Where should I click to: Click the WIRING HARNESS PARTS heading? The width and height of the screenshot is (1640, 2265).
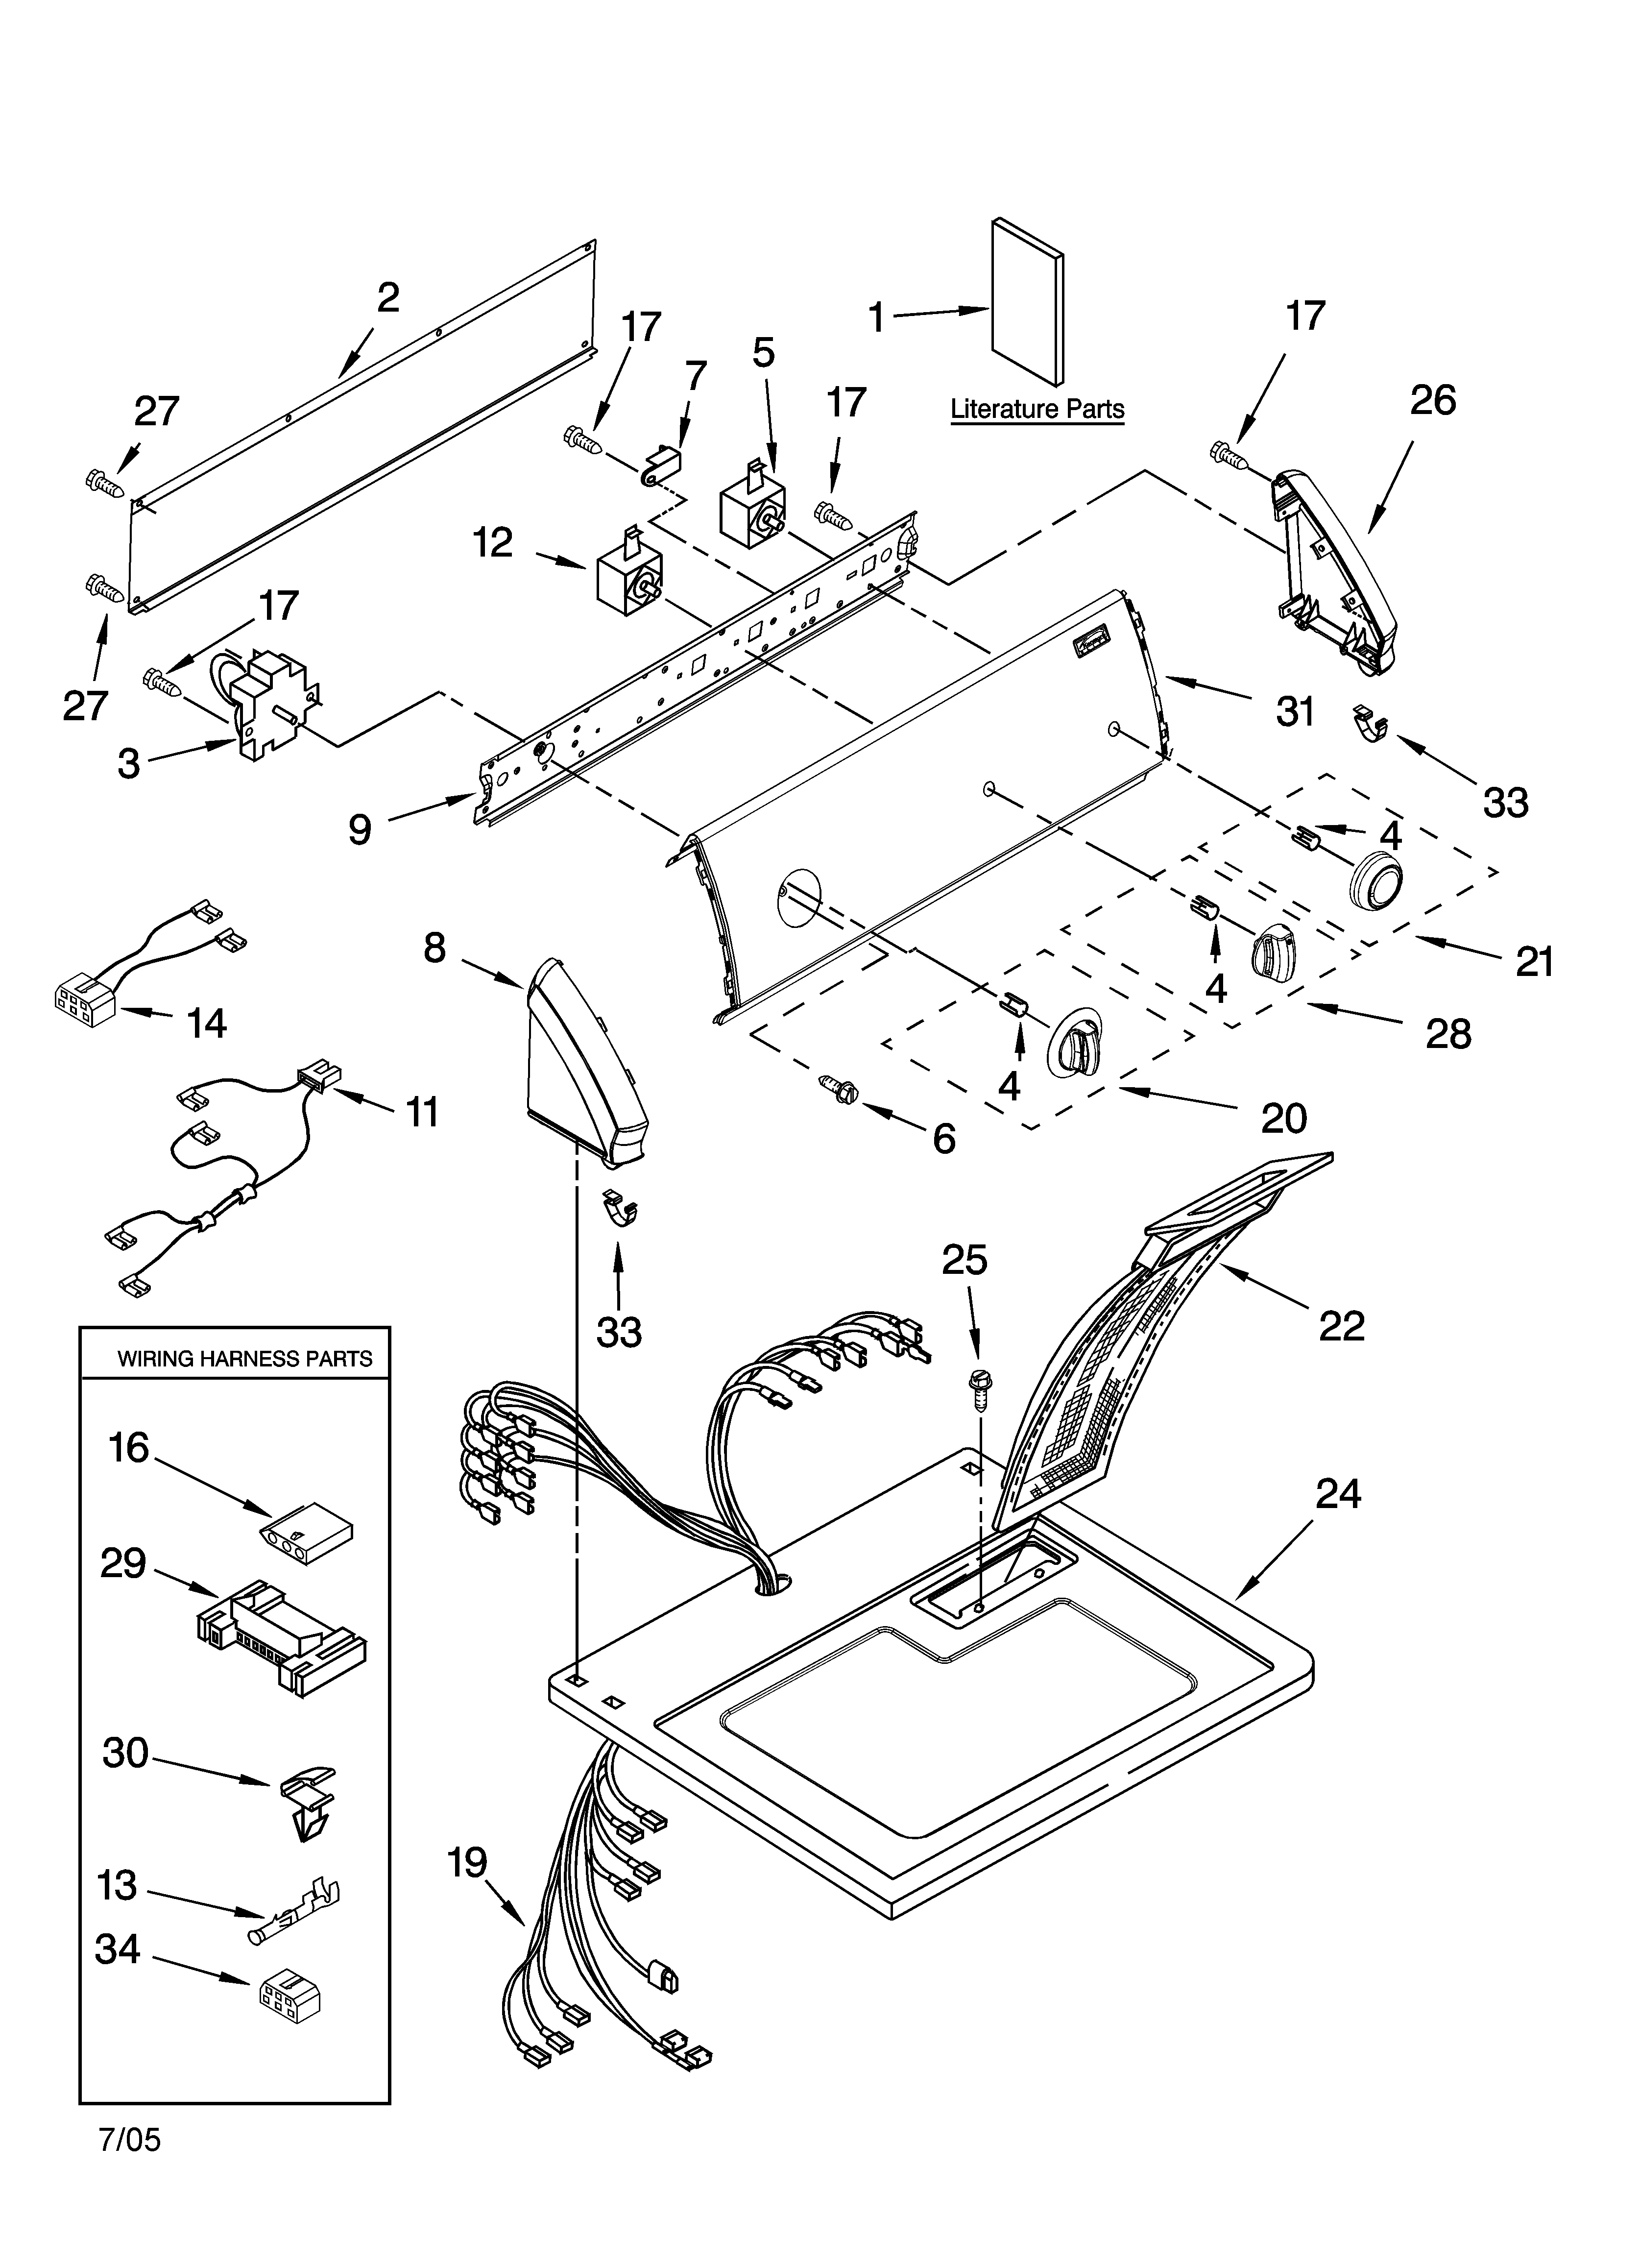tap(245, 1358)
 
